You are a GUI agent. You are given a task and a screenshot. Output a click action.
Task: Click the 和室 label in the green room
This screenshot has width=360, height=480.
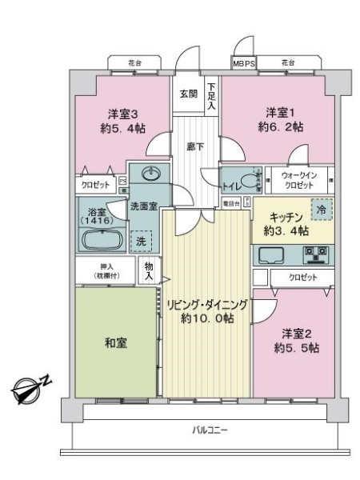[x=116, y=342]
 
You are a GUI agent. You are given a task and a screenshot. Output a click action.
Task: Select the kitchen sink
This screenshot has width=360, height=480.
[x=273, y=256]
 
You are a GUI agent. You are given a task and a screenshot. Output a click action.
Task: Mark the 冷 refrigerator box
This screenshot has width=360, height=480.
[x=318, y=206]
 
